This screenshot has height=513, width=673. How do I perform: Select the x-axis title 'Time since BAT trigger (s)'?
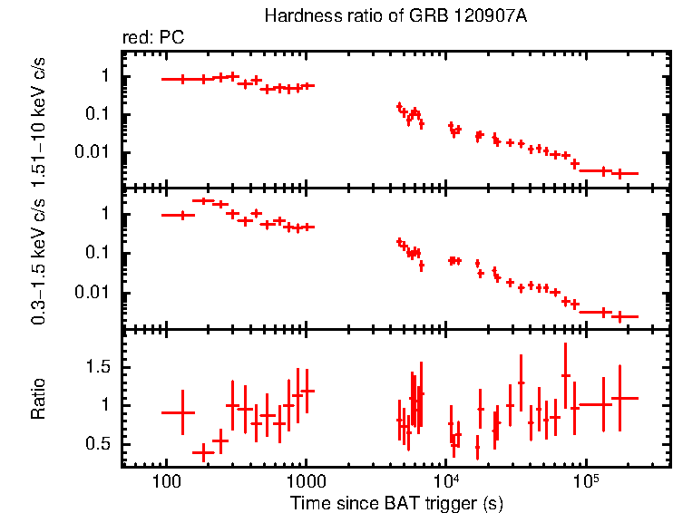tap(396, 502)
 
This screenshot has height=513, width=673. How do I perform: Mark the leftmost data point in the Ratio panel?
tap(183, 412)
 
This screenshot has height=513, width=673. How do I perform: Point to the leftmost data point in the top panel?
tap(183, 80)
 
